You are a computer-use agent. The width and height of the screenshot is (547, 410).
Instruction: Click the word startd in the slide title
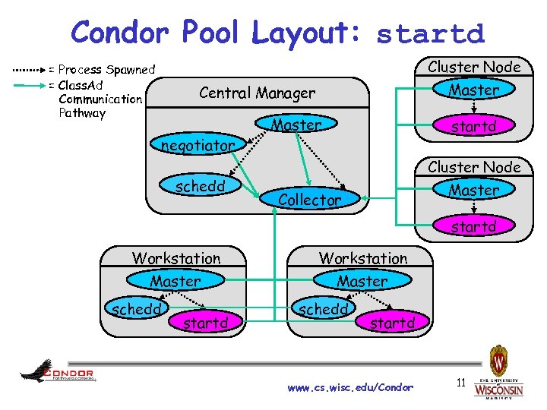click(430, 33)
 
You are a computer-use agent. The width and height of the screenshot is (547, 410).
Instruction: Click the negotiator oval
click(197, 144)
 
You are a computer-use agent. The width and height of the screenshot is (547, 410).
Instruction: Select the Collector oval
click(309, 200)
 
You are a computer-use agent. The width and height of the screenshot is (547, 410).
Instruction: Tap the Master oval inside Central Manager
click(296, 125)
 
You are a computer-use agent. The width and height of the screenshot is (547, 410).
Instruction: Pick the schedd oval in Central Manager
click(198, 185)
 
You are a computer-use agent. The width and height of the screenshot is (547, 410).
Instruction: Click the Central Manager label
click(257, 93)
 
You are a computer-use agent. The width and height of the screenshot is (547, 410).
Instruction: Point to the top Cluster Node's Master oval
click(473, 90)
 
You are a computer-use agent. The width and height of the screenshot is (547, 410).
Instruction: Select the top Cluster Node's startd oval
click(473, 127)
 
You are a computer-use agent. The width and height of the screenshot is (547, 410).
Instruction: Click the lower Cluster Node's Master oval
click(473, 190)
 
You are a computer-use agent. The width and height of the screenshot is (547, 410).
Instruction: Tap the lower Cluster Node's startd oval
click(473, 226)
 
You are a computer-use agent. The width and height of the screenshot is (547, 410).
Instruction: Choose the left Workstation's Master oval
click(175, 281)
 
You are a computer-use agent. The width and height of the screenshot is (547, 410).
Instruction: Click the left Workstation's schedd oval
click(135, 310)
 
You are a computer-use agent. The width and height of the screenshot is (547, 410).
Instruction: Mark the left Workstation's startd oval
click(205, 323)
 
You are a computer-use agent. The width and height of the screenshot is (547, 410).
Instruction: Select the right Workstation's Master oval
click(362, 281)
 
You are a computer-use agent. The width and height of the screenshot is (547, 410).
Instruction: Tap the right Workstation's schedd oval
click(322, 310)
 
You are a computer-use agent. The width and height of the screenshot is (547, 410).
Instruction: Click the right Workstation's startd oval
click(392, 323)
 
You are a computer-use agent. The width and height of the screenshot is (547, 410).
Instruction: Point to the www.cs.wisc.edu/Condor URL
click(350, 387)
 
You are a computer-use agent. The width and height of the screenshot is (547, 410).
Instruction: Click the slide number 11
click(460, 382)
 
